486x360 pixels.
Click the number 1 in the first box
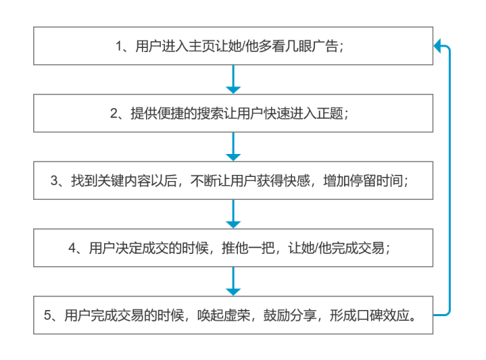coord(119,47)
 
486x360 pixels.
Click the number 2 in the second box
coord(114,113)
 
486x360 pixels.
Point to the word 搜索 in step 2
coord(210,113)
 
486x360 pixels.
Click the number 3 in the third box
coord(54,181)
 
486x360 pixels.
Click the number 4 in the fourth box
coord(72,248)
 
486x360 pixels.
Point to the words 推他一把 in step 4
coord(247,248)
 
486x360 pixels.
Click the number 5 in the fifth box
coord(47,315)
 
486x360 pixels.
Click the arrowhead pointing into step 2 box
coord(233,90)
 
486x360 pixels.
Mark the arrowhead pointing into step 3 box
coord(233,157)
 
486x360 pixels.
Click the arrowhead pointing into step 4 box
coord(233,224)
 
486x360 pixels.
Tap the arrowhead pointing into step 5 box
coord(233,292)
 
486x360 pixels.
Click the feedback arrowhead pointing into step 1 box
coord(437,46)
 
